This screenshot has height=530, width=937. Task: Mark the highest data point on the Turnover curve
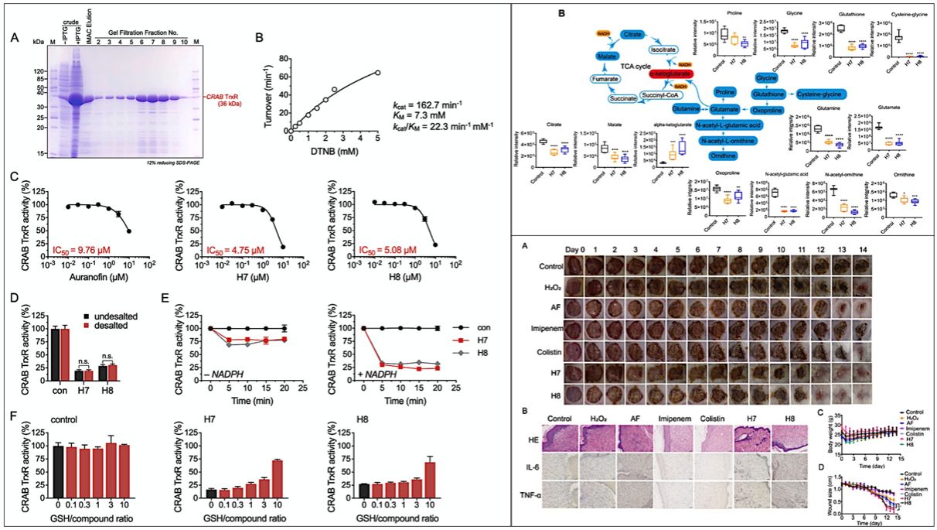(x=378, y=73)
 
